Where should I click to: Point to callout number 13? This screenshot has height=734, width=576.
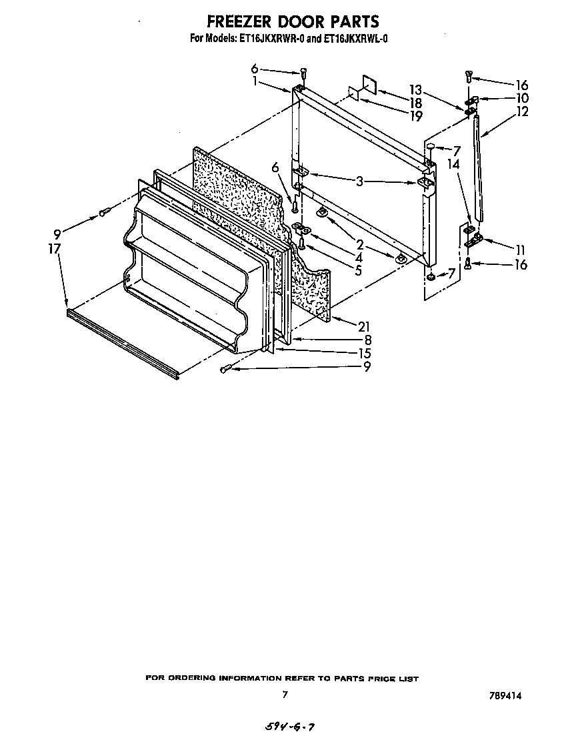coord(415,89)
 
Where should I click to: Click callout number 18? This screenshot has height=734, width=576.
coord(415,103)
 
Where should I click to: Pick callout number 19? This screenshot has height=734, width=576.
coord(415,116)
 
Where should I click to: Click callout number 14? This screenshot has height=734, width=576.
coord(453,162)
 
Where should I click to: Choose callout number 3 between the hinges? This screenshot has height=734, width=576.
coord(359,181)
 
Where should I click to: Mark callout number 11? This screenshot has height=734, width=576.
coord(521,250)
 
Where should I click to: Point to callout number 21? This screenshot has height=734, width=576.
coord(363,326)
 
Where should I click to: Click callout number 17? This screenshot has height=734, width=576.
coord(54,249)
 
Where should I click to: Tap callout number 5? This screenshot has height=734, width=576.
coord(358,270)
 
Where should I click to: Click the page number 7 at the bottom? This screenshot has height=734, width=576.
coord(285,695)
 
